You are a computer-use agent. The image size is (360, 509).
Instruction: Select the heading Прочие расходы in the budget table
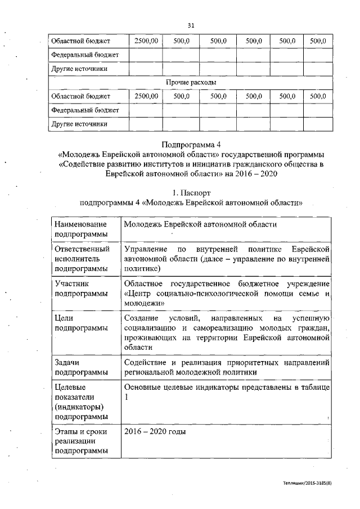191,82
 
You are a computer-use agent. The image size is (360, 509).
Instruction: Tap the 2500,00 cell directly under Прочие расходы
146,96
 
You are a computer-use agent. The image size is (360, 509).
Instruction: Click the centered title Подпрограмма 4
191,143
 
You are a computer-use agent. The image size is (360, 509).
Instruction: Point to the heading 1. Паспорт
191,193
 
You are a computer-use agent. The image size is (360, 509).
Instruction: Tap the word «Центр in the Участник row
138,294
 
